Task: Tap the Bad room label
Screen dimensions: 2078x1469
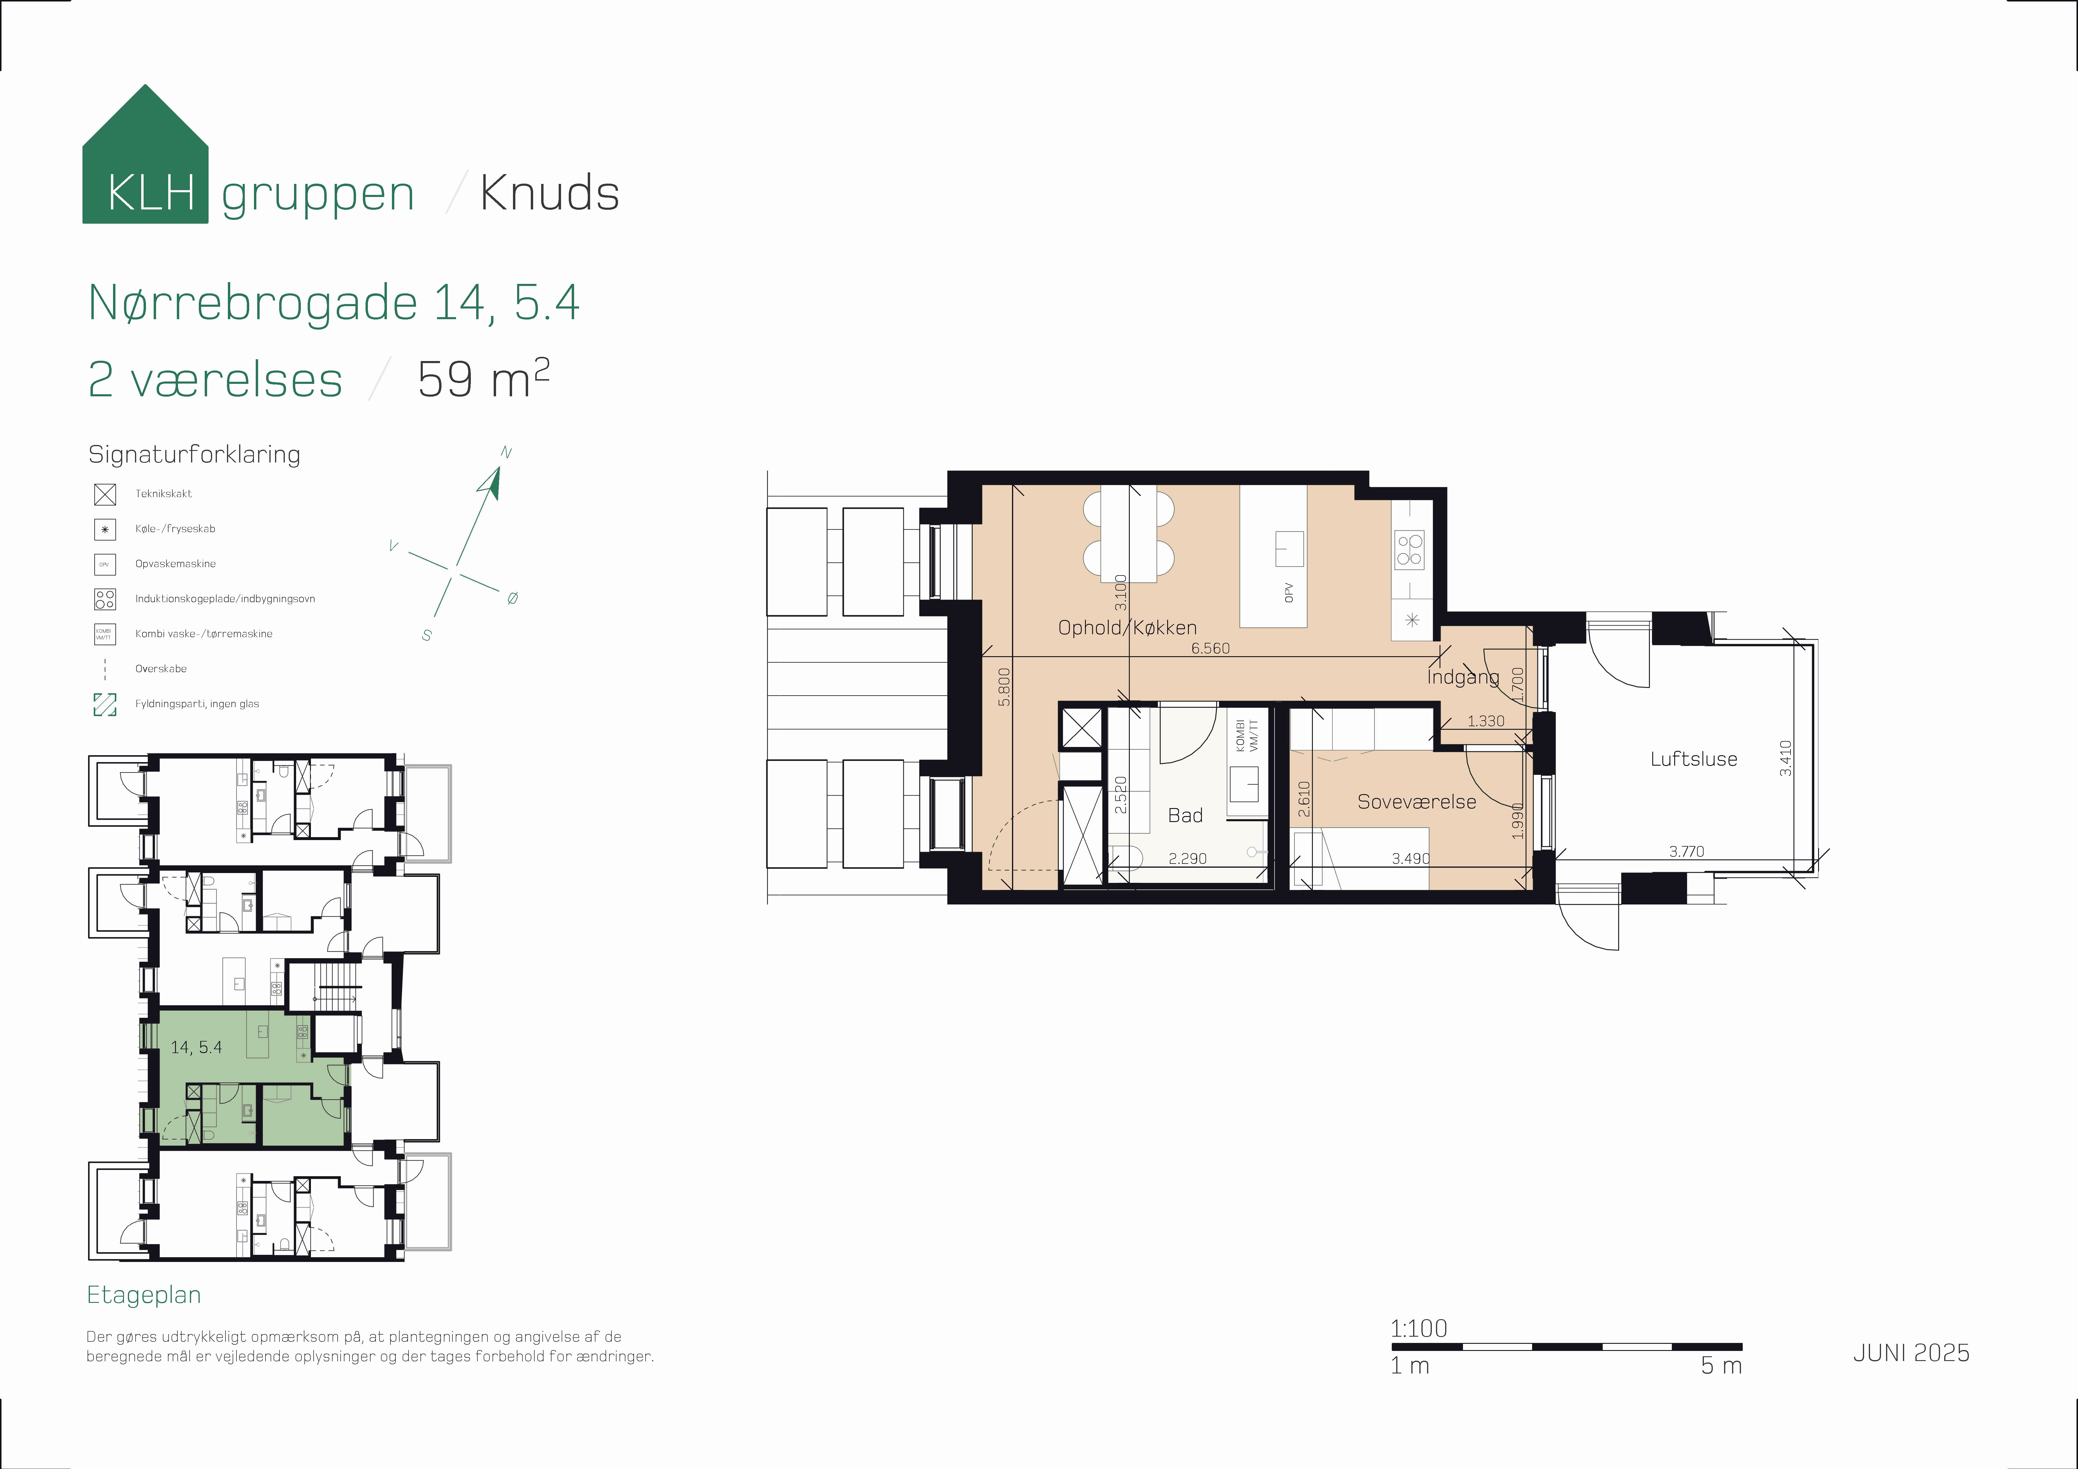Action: pyautogui.click(x=1185, y=815)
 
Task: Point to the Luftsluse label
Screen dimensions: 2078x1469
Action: pyautogui.click(x=1693, y=759)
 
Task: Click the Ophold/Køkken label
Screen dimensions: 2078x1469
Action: pyautogui.click(x=1127, y=627)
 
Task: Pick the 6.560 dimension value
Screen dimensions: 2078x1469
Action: pyautogui.click(x=1210, y=648)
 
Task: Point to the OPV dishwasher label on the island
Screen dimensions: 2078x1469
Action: pyautogui.click(x=1289, y=593)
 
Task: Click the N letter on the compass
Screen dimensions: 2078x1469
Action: pyautogui.click(x=506, y=453)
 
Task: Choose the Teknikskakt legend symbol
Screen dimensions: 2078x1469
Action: pyautogui.click(x=105, y=494)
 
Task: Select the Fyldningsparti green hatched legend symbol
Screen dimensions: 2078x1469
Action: pyautogui.click(x=105, y=704)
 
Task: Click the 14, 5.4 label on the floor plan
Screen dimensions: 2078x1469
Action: pyautogui.click(x=196, y=1047)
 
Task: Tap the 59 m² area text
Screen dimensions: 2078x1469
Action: pyautogui.click(x=483, y=378)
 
